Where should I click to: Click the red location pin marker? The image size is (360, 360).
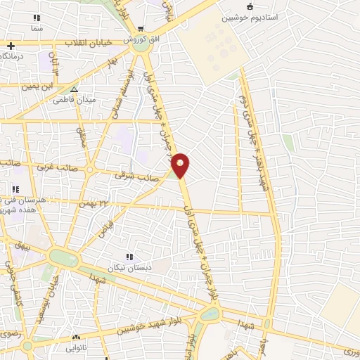tap(181, 165)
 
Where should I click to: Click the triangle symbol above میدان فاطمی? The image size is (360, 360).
tap(74, 89)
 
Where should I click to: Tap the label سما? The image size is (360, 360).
tap(37, 28)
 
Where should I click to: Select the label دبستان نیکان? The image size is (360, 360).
tap(129, 268)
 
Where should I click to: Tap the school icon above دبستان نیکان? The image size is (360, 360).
tap(128, 257)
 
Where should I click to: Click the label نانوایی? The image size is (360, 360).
tap(75, 349)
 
